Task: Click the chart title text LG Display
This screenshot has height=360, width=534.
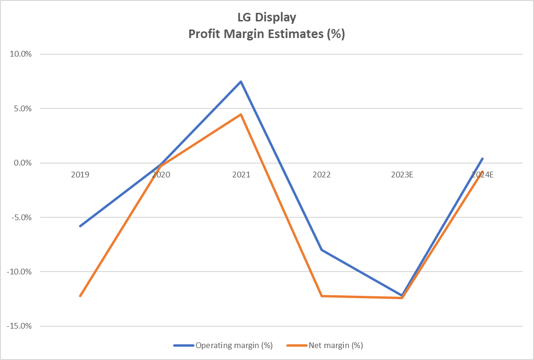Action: pos(266,18)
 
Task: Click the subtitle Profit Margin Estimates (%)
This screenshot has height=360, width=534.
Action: pos(266,34)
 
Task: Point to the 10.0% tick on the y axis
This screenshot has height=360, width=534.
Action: pos(21,54)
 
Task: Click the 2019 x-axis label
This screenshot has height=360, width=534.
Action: pos(80,175)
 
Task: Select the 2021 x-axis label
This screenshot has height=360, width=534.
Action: pos(241,175)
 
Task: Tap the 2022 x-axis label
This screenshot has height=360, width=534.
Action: pos(321,175)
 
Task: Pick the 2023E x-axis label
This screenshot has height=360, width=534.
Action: pos(402,175)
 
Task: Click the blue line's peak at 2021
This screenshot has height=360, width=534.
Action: pos(241,82)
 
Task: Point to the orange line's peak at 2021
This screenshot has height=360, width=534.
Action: pos(241,114)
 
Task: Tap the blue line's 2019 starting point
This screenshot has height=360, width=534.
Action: pos(80,226)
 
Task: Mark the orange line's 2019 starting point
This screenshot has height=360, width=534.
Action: pos(80,296)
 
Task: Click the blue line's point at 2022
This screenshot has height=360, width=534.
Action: pos(321,250)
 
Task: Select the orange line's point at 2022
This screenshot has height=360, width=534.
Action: pos(321,296)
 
